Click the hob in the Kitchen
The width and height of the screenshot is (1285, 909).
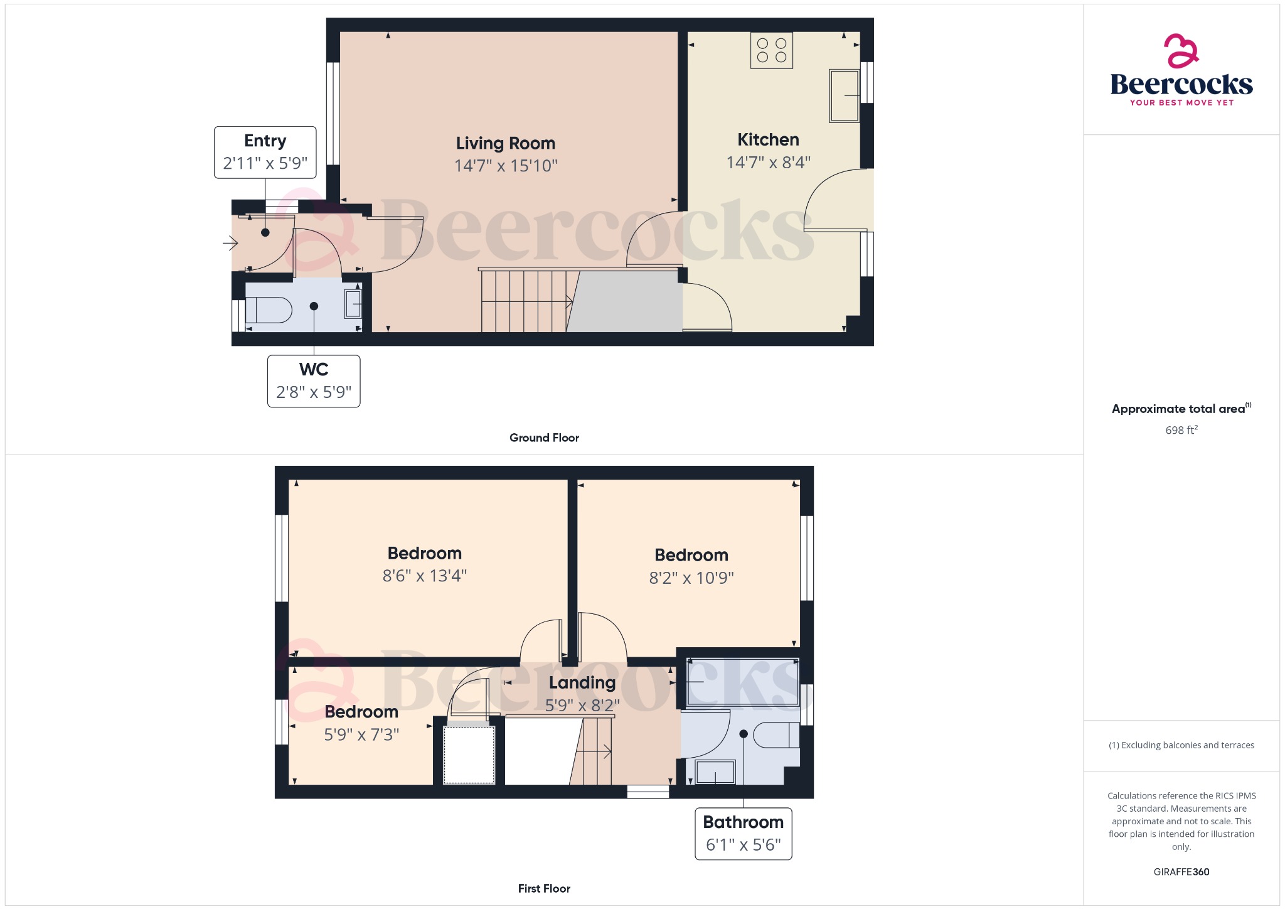pos(772,50)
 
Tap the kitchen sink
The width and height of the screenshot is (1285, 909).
pos(844,95)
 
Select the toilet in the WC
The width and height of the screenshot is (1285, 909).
pos(269,309)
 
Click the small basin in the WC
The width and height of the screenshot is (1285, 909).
pos(353,304)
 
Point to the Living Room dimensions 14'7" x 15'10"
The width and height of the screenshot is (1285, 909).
pos(506,166)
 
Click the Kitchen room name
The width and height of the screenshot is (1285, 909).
pos(768,139)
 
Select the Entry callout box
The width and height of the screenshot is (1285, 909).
pos(265,153)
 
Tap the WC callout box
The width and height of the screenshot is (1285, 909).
pos(314,381)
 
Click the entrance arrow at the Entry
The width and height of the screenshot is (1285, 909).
pos(230,242)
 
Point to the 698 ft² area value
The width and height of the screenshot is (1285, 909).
pos(1181,430)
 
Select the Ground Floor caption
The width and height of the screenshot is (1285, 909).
pos(544,438)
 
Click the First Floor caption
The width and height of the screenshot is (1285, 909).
pos(544,888)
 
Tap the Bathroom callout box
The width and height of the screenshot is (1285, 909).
pos(744,834)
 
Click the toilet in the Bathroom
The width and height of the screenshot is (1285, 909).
pos(777,735)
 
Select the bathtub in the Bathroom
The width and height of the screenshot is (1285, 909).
pos(743,682)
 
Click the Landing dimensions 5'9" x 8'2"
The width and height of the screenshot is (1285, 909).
pos(582,706)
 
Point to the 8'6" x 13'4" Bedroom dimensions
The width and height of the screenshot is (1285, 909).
pos(425,576)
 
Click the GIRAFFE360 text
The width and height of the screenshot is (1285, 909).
pos(1181,872)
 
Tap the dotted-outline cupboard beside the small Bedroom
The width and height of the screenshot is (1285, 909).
pos(469,755)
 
